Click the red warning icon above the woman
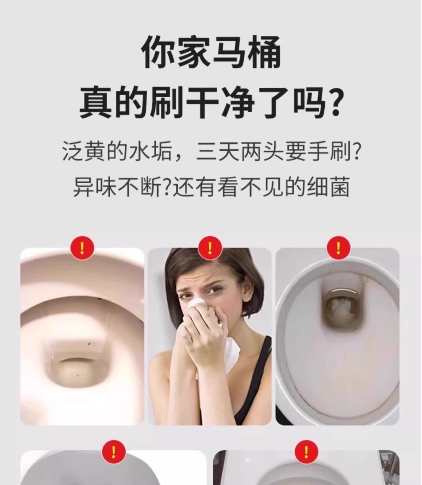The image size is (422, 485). pyautogui.click(x=210, y=248)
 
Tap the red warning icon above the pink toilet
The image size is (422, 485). pyautogui.click(x=82, y=248)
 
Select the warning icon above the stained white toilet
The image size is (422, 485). pyautogui.click(x=339, y=248)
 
